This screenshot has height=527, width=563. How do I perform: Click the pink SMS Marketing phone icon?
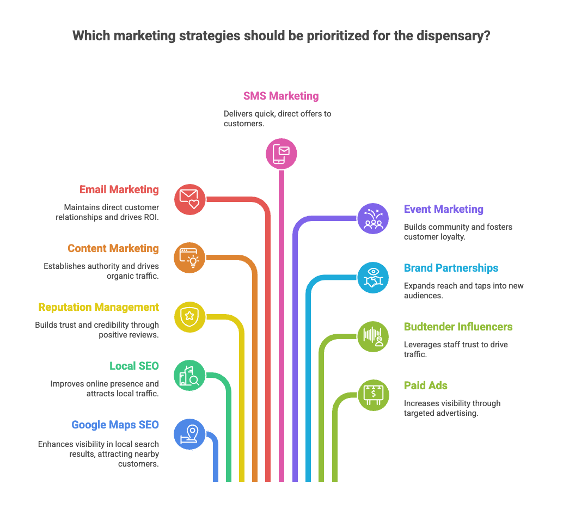coord(281,154)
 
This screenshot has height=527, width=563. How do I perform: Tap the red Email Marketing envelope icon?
coord(189,199)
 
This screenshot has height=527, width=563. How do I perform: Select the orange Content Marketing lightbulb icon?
coord(189,258)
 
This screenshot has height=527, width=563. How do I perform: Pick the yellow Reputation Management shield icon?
coord(189,316)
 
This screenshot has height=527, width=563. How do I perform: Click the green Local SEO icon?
coord(189,375)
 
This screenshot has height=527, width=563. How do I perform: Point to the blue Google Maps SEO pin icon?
coord(189,434)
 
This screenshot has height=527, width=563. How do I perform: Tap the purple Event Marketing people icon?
coord(373,218)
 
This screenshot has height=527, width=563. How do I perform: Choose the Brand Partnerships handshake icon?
coord(373,277)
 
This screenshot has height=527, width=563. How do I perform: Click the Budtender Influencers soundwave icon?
coord(373,336)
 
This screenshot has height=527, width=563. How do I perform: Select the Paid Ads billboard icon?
coord(373,395)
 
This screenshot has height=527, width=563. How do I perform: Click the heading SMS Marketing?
coord(281,96)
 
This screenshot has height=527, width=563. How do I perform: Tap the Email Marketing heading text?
coord(119,190)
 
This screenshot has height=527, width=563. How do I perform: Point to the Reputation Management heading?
coord(99,308)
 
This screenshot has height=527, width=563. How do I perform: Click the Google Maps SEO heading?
coord(115,425)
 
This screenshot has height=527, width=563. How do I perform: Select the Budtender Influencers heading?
coord(458,327)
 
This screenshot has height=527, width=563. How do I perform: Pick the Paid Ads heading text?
coord(426,386)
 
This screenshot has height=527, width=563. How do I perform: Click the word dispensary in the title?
coord(455,36)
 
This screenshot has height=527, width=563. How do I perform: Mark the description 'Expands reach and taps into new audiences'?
coord(463,291)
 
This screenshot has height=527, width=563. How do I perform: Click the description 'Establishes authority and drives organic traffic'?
coord(101,271)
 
